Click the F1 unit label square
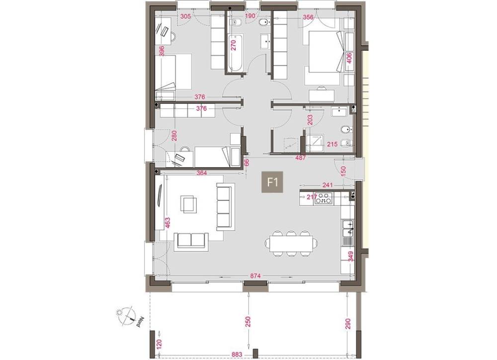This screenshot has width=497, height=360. (x=272, y=182)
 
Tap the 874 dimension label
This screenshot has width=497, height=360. (x=255, y=276)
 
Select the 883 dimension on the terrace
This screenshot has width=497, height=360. (x=237, y=355)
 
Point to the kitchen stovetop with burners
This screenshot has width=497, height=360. (x=324, y=198)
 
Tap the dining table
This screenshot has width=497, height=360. (x=291, y=244)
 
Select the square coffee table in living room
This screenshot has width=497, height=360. (x=188, y=203)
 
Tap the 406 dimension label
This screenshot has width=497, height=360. (x=349, y=58)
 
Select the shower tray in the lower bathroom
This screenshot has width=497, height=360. (x=316, y=142)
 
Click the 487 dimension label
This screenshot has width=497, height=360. (x=300, y=158)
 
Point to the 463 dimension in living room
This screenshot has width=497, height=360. (x=167, y=223)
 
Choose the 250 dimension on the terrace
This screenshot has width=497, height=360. (x=248, y=321)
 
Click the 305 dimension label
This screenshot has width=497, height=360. (x=185, y=16)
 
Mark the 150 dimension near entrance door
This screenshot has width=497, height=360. (x=343, y=171)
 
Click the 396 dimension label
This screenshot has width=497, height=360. (x=162, y=52)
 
